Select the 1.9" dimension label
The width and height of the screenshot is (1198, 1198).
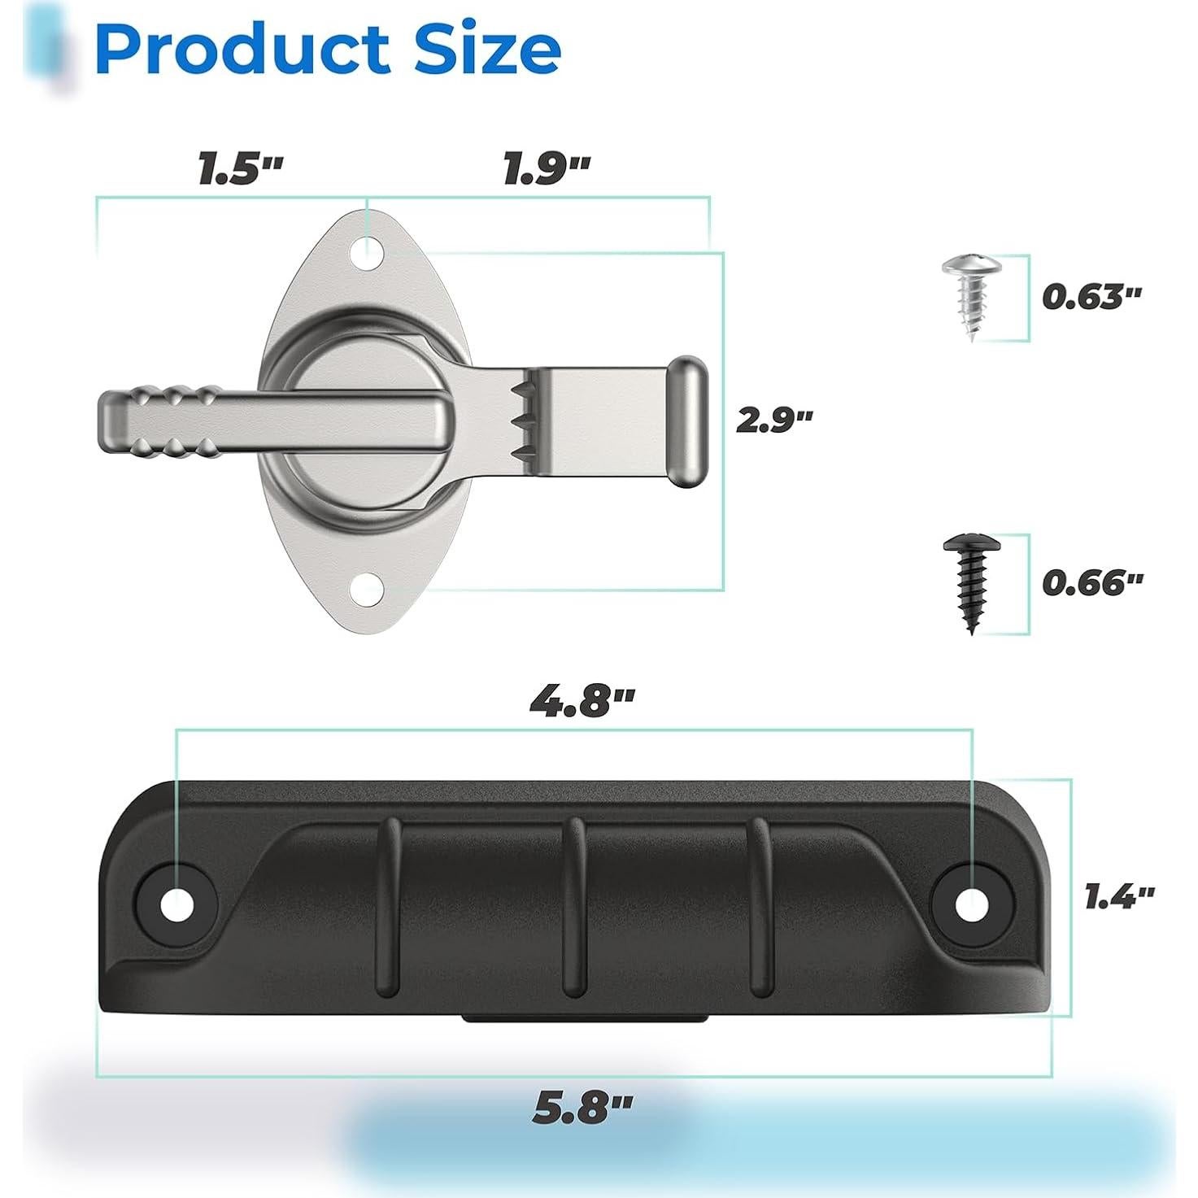point(547,169)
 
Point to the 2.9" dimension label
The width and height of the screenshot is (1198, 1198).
point(774,420)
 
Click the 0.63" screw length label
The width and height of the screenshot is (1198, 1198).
point(1091,297)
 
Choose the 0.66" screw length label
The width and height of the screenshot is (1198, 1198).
point(1092,582)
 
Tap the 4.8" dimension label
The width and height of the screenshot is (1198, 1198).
point(582,703)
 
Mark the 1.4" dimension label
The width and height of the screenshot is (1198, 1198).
point(1120,896)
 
